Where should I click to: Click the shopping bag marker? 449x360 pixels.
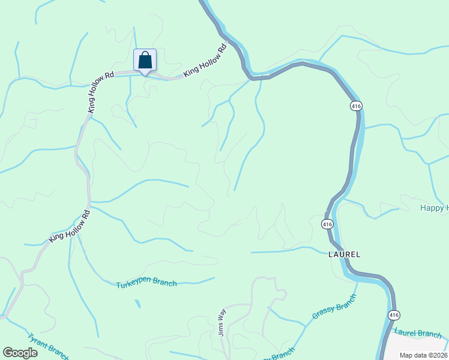coord(145,61)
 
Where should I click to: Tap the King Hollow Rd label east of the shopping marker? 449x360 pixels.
coord(204,60)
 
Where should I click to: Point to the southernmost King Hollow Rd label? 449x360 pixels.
coord(70,226)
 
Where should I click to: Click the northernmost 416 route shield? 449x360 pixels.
coord(356,106)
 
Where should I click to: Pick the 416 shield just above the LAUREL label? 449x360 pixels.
coord(327,224)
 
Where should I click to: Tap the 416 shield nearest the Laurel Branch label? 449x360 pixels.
coord(393,315)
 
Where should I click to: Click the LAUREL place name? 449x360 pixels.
coord(345,254)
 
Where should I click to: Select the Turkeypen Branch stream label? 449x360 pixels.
coord(146,283)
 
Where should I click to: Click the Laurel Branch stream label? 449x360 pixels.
coord(417,333)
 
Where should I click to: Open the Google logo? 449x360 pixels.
coord(20,353)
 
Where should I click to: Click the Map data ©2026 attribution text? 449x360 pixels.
coord(423,355)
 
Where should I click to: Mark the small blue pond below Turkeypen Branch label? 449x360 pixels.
coord(138,304)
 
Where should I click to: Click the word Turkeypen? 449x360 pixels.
coord(134,283)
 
